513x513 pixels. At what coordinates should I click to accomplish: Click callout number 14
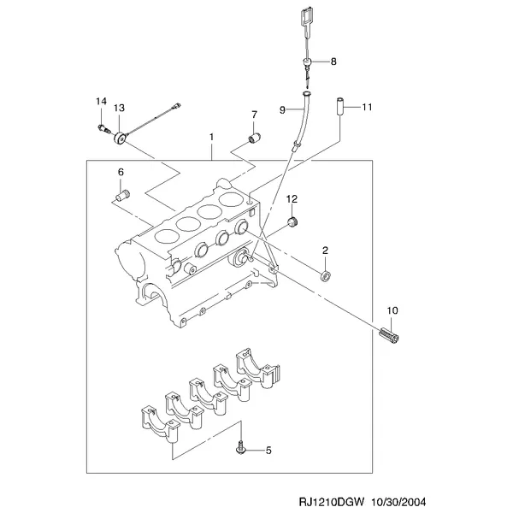click(101, 101)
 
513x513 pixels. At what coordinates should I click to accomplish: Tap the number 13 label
click(119, 108)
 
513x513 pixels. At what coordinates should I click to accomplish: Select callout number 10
click(392, 310)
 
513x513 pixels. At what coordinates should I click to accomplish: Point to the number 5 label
click(268, 451)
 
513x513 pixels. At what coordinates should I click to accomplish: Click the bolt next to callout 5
click(241, 448)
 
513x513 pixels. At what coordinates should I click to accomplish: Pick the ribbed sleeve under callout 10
click(390, 335)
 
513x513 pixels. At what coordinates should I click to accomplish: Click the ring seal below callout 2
click(326, 276)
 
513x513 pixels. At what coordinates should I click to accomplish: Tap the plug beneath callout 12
click(292, 221)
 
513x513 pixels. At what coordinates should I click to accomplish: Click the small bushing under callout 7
click(254, 138)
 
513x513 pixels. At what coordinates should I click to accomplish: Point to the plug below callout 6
click(122, 195)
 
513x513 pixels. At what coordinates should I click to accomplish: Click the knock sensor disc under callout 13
click(120, 138)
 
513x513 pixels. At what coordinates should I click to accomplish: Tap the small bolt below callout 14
click(103, 128)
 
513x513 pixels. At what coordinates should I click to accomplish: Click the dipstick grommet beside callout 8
click(307, 62)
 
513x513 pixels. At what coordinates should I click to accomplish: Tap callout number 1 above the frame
click(211, 137)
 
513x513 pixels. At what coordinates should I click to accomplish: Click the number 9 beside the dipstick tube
click(283, 110)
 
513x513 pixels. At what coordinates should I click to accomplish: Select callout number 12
click(292, 199)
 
